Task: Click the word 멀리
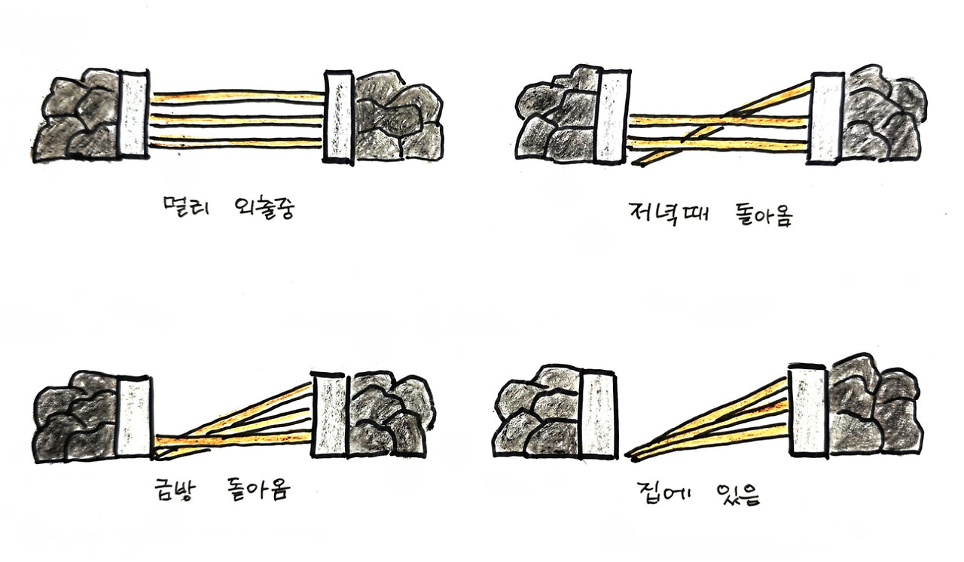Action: [x=186, y=207]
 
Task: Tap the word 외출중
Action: [x=264, y=209]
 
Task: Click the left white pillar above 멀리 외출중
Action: [x=135, y=114]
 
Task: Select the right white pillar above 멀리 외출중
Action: [x=339, y=118]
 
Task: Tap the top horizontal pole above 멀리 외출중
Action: [x=237, y=96]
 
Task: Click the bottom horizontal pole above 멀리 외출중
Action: [x=236, y=141]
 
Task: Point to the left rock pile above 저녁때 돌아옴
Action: [x=556, y=115]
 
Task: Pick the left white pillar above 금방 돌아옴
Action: [x=134, y=417]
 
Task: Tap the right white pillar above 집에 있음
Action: [x=808, y=411]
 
